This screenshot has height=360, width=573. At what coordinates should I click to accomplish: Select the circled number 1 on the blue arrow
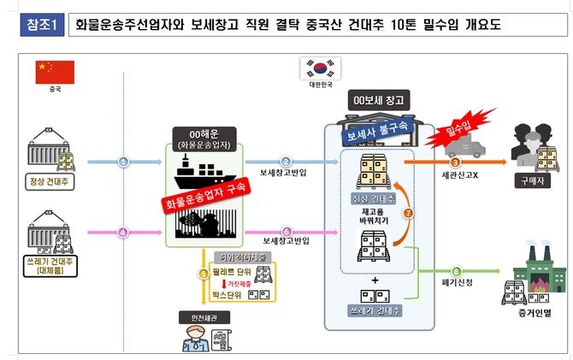(123, 160)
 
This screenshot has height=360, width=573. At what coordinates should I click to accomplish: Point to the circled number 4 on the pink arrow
(123, 232)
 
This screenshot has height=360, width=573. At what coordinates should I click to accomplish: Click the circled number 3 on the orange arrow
(455, 161)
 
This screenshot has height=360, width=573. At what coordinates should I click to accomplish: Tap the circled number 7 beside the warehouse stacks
(408, 210)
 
